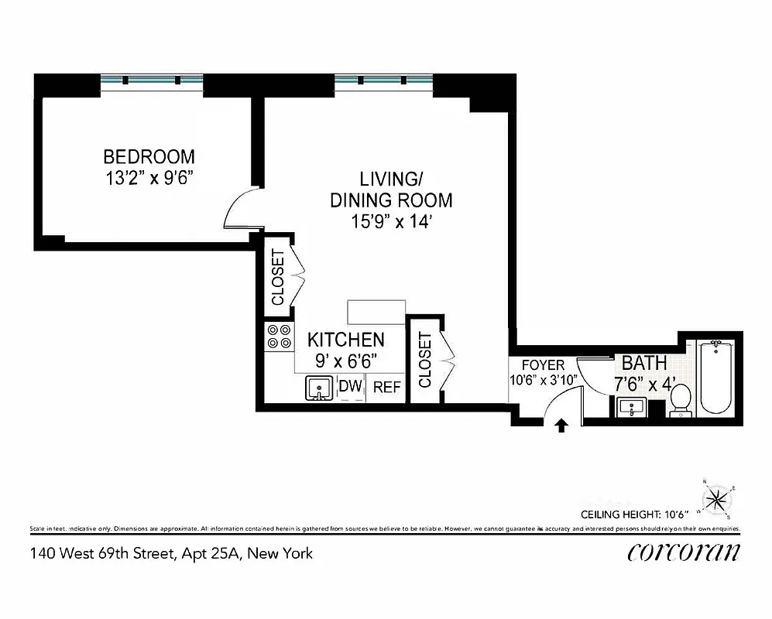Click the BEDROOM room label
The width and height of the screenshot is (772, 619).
(x=149, y=156)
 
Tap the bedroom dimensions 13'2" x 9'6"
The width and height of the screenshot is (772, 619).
(x=149, y=178)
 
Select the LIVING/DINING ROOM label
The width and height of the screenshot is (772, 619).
(x=391, y=189)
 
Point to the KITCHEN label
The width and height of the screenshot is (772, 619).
(x=346, y=340)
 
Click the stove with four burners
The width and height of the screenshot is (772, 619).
(x=280, y=336)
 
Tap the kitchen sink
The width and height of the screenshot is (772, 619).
(x=317, y=387)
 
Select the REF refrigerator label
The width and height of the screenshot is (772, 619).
(x=387, y=387)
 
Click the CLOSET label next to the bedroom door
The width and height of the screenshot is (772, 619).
(x=278, y=277)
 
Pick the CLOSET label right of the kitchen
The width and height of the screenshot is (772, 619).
(x=424, y=360)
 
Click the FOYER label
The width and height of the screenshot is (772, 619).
(x=543, y=365)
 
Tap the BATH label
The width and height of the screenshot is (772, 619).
(x=644, y=363)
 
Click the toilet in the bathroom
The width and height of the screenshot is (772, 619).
(x=680, y=401)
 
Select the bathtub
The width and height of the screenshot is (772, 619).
(x=713, y=377)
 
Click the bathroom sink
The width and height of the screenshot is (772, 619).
(x=633, y=405)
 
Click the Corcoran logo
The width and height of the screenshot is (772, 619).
(x=683, y=552)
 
